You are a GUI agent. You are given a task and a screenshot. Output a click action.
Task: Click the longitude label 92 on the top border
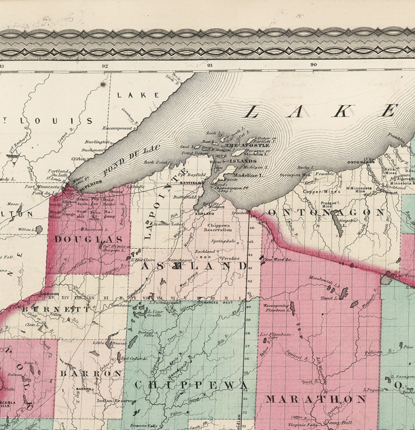tap(105, 66)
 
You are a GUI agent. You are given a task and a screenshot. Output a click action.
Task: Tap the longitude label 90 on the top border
tap(314, 65)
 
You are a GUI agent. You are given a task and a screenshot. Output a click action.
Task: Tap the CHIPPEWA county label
tap(191, 385)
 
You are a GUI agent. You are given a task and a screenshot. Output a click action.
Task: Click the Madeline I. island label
tap(248, 176)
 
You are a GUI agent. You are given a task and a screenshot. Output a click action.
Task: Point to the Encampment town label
tap(117, 128)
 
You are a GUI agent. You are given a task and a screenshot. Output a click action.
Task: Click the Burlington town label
tap(96, 142)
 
